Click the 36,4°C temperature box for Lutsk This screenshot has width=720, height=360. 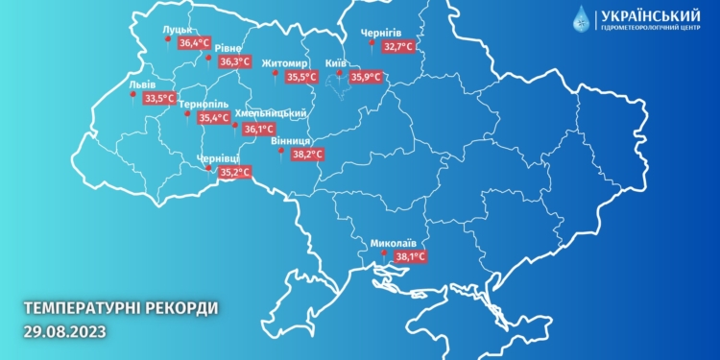(196, 43)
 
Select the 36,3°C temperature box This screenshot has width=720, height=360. (235, 62)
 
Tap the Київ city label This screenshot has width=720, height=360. (336, 62)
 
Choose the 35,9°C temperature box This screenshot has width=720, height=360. (366, 78)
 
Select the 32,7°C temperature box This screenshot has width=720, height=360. (398, 45)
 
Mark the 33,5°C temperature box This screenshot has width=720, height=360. (158, 98)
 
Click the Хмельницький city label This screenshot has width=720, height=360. (277, 113)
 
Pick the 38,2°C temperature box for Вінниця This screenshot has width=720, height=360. (307, 154)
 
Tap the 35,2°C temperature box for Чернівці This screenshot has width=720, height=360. (235, 173)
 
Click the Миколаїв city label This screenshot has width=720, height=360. (394, 243)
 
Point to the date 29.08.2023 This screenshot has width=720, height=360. (65, 331)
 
